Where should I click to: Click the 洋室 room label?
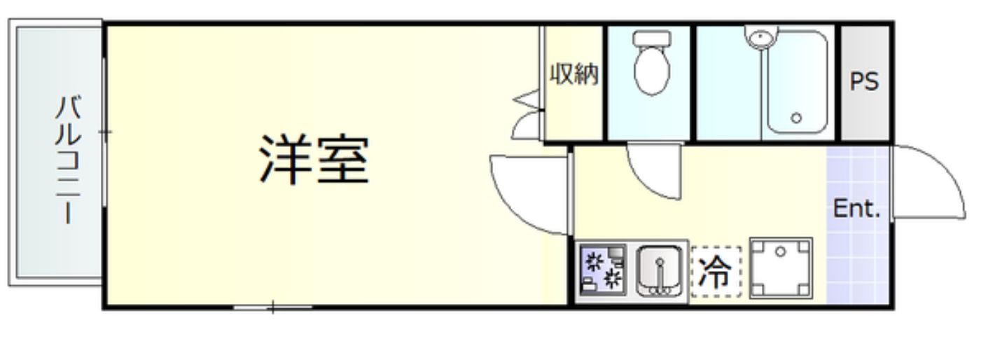(x=314, y=160)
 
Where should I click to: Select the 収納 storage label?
(x=573, y=74)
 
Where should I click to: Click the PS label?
(x=864, y=81)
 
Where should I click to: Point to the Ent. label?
(x=856, y=209)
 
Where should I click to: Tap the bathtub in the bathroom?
(x=797, y=83)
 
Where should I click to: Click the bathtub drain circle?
(x=795, y=118)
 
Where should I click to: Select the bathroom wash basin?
(x=760, y=37)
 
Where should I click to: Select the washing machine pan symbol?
(x=781, y=268)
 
